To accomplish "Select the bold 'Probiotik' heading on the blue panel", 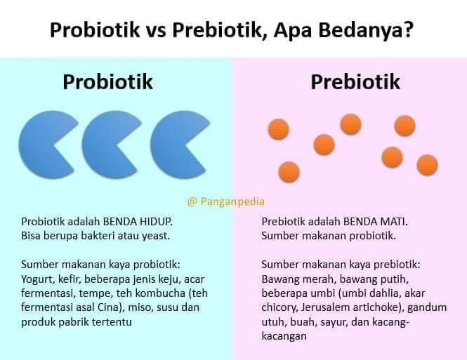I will (107, 81).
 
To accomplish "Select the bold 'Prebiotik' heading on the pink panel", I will (355, 81).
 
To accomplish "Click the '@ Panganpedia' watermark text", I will (226, 201).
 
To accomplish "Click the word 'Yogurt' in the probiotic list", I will (37, 279).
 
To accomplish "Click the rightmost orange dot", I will (427, 165).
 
